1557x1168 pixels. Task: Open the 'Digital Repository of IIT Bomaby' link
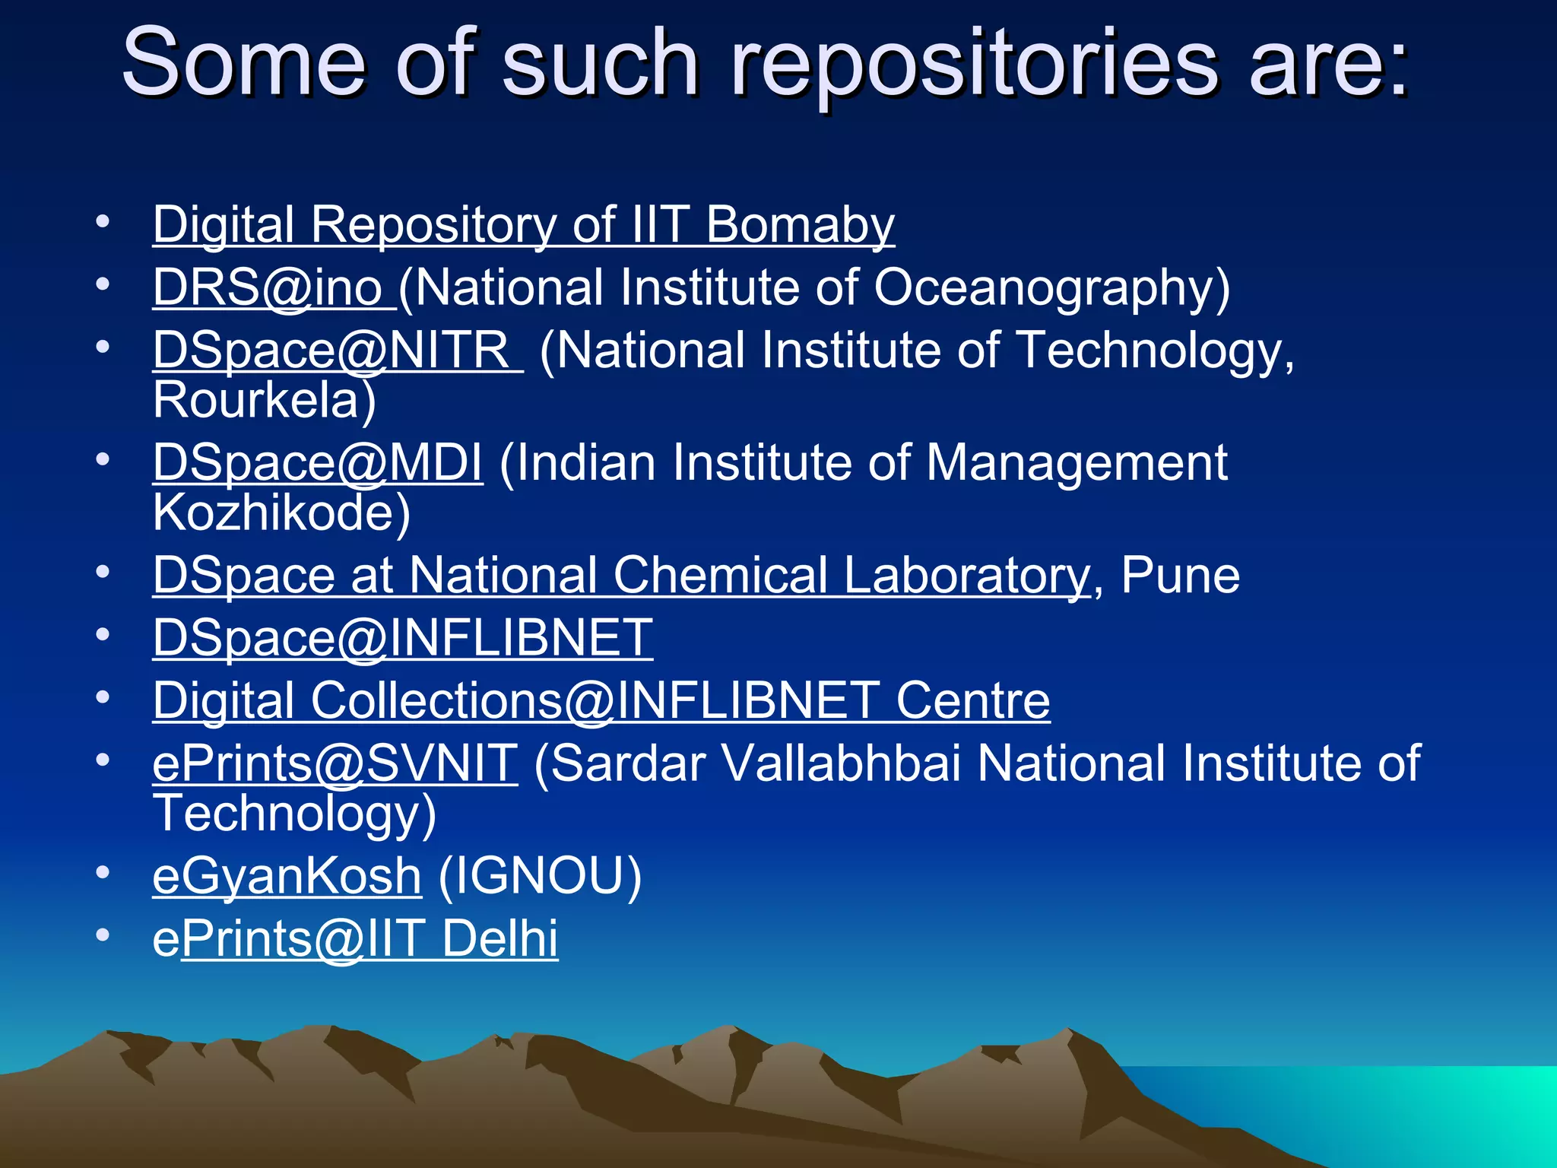pos(523,225)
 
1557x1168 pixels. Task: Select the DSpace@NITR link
pos(337,351)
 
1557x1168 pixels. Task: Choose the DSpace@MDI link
pos(317,462)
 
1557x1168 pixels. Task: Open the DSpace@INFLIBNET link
pos(402,637)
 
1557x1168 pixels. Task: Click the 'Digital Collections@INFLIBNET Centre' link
pos(601,700)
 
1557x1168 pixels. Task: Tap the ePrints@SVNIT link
pos(335,763)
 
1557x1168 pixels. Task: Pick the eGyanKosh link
pos(287,876)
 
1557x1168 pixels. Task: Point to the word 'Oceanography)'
pos(1051,287)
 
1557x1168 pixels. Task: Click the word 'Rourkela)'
pos(264,400)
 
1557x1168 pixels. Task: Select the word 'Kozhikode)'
pos(281,513)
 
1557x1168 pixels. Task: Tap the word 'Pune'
pos(1180,575)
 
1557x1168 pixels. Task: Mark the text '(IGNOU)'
pos(540,876)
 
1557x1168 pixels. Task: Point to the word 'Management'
pos(1077,462)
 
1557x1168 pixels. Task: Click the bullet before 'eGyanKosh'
pos(103,872)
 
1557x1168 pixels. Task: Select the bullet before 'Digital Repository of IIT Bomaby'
pos(103,221)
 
